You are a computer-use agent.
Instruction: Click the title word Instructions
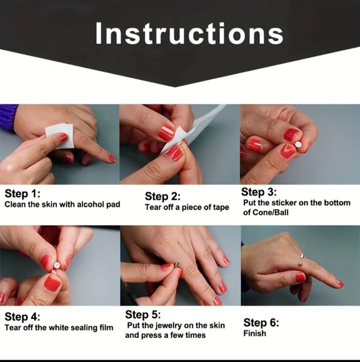189,33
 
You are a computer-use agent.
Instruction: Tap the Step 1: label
22,194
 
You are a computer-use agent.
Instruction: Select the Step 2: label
163,196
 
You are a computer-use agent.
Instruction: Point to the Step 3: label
259,192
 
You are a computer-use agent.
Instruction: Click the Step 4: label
22,317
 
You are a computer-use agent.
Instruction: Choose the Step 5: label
143,314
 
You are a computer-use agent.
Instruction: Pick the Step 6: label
261,322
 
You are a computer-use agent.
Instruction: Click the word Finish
255,333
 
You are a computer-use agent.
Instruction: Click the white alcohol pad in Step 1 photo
60,136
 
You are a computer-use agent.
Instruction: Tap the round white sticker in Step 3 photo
298,144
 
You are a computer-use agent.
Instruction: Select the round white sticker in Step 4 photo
57,266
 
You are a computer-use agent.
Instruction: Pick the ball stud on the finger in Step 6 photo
300,264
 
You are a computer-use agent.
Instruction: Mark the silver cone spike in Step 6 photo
302,256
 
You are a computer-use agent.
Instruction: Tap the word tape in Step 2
221,208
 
